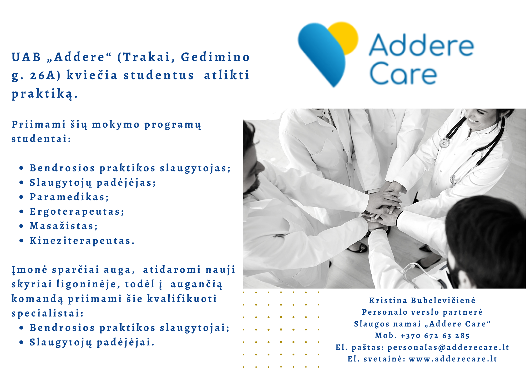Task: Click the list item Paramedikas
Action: [x=69, y=197]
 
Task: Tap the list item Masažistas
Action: [x=64, y=226]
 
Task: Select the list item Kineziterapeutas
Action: [x=82, y=241]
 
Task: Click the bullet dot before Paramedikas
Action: [x=22, y=197]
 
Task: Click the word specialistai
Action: [x=48, y=313]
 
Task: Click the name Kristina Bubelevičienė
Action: [x=422, y=300]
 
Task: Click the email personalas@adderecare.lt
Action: [x=448, y=348]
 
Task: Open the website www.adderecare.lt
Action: [x=453, y=359]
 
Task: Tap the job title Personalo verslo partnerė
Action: [x=422, y=312]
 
